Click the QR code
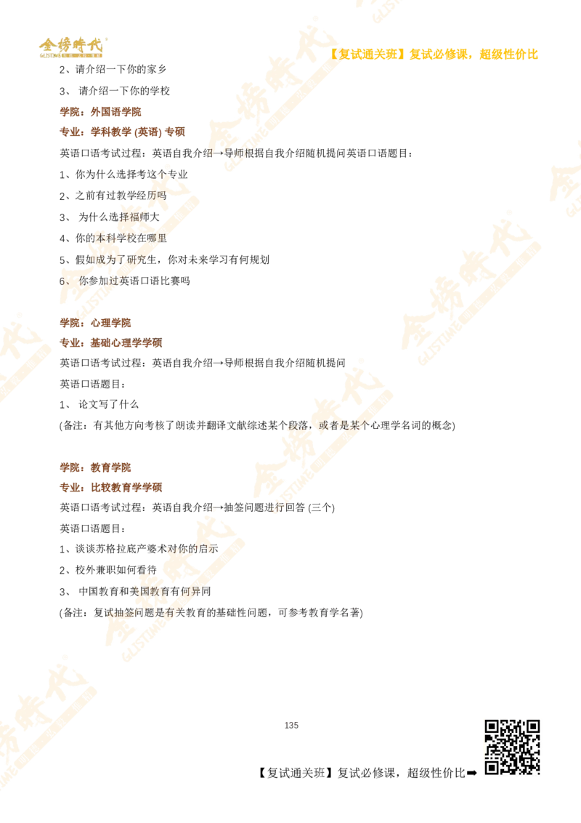pos(513,747)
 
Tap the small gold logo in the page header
pos(71,47)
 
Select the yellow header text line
pos(434,55)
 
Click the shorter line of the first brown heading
pos(102,113)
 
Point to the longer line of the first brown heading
pos(121,132)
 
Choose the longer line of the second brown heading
pos(111,342)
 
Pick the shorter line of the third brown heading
pos(96,467)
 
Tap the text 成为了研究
pos(120,259)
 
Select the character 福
pos(133,217)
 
